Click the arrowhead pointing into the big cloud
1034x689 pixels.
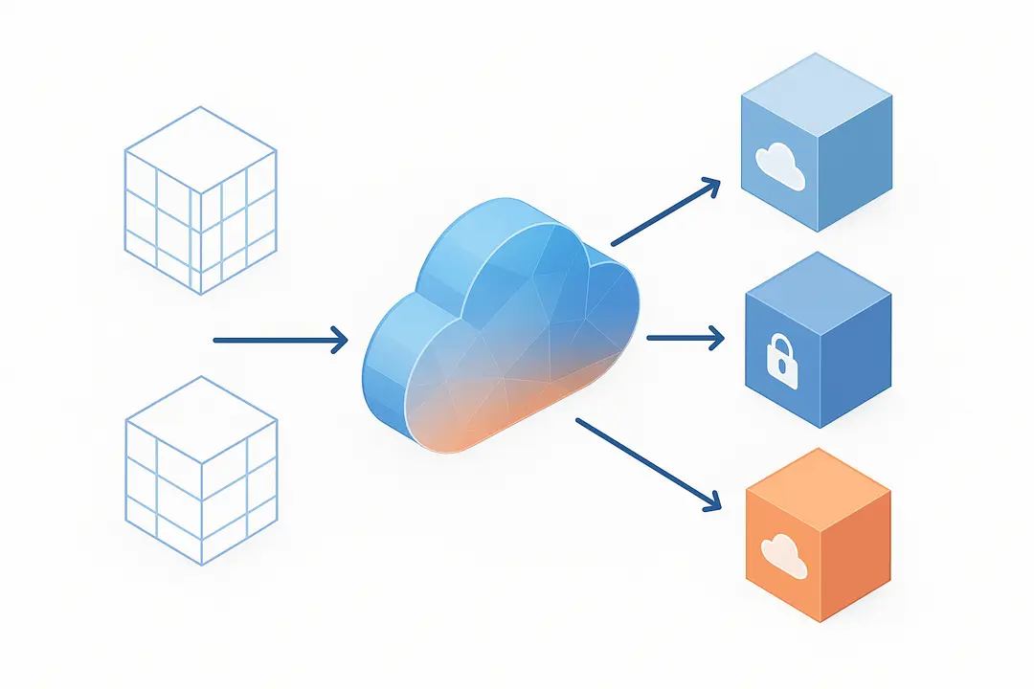[x=339, y=340]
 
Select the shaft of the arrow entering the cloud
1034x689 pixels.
[x=268, y=340]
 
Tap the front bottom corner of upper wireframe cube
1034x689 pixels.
[x=200, y=293]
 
